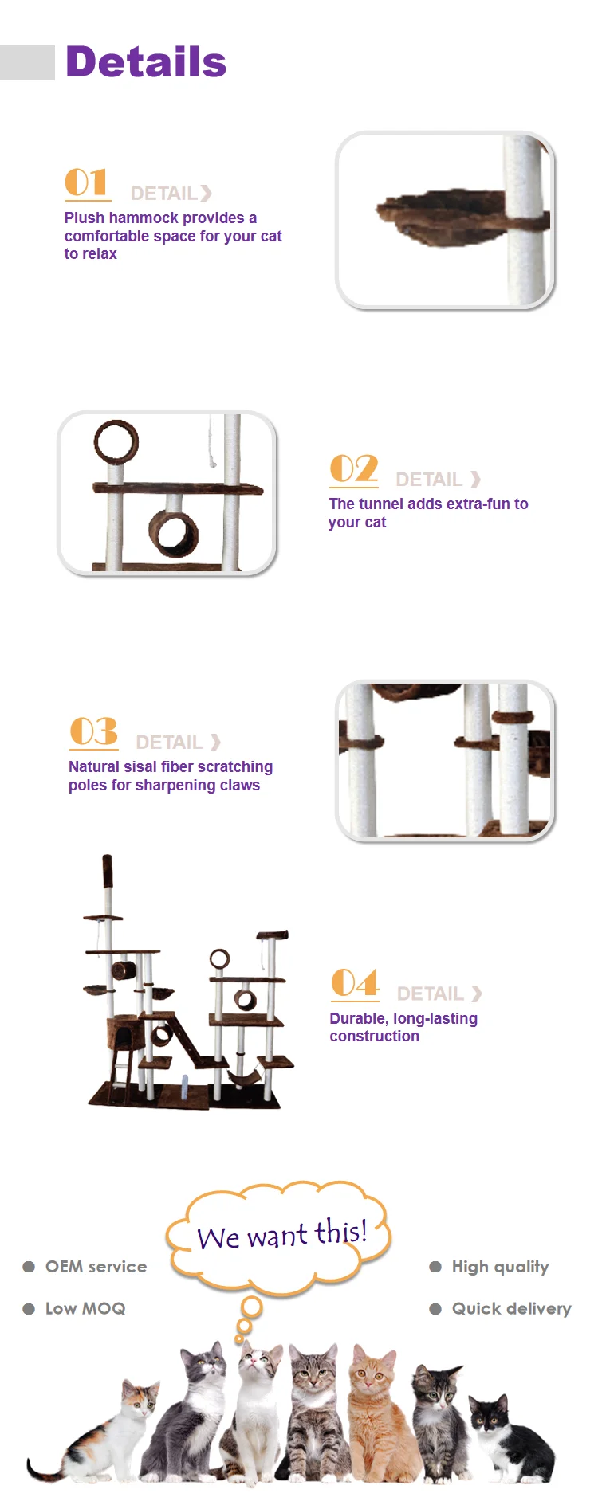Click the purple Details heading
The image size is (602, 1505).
point(146,62)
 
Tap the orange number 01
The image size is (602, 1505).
point(85,182)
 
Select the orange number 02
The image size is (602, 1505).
point(354,468)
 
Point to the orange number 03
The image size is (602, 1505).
point(94,731)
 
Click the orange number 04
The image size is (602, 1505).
point(355,983)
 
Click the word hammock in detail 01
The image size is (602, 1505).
point(144,218)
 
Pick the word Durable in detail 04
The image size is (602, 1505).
point(358,1018)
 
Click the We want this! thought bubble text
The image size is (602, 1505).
point(281,1234)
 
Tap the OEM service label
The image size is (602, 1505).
point(96,1267)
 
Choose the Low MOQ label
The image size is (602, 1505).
point(85,1309)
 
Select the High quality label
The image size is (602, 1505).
point(500,1268)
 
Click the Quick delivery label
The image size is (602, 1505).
point(511,1309)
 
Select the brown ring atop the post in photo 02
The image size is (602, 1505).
point(116,442)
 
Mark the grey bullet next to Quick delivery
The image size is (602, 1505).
point(435,1309)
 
